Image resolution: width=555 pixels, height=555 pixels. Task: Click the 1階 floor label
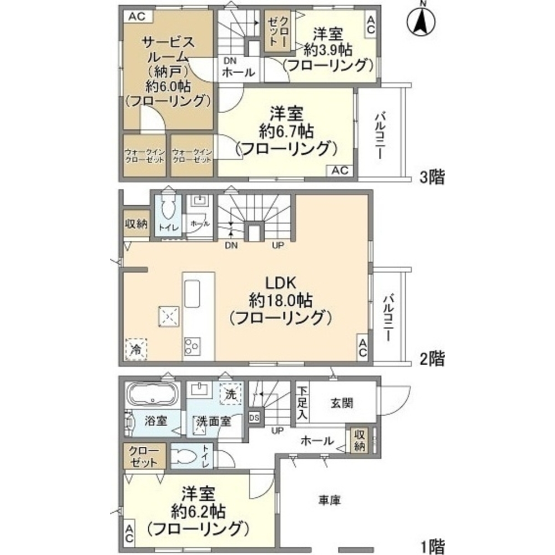pos(432,546)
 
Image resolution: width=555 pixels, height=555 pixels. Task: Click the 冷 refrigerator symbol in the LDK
pos(135,350)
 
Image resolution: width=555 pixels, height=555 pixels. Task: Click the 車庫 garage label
pos(329,500)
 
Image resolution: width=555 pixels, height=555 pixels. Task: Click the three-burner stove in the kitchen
pos(193,346)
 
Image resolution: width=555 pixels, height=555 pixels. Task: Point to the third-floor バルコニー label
pos(381,135)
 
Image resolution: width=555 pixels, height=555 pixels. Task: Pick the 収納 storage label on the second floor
pos(136,224)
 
